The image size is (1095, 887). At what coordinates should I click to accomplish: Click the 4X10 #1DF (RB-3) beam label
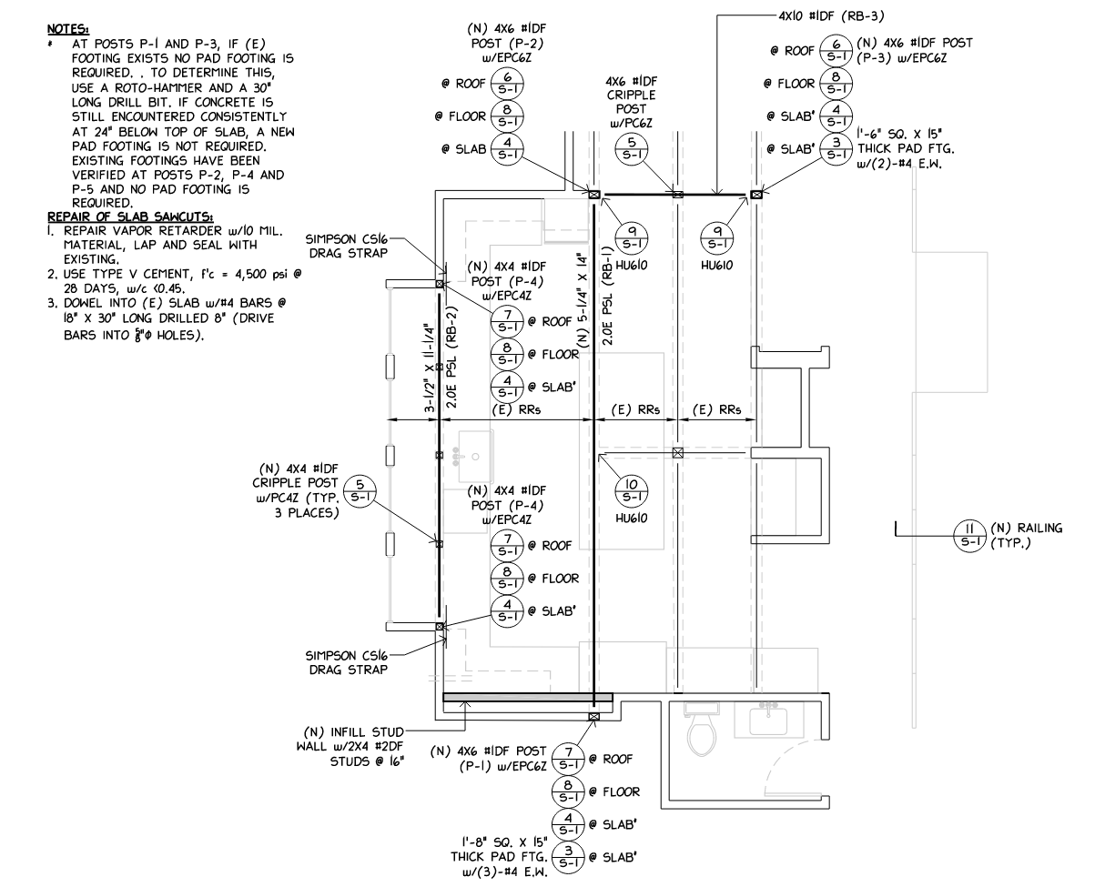(831, 15)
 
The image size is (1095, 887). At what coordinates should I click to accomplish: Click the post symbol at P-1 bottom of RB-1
(593, 716)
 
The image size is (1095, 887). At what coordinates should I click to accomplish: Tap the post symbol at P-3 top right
(755, 194)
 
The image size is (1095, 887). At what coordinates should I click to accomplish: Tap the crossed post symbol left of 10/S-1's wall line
(677, 452)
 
